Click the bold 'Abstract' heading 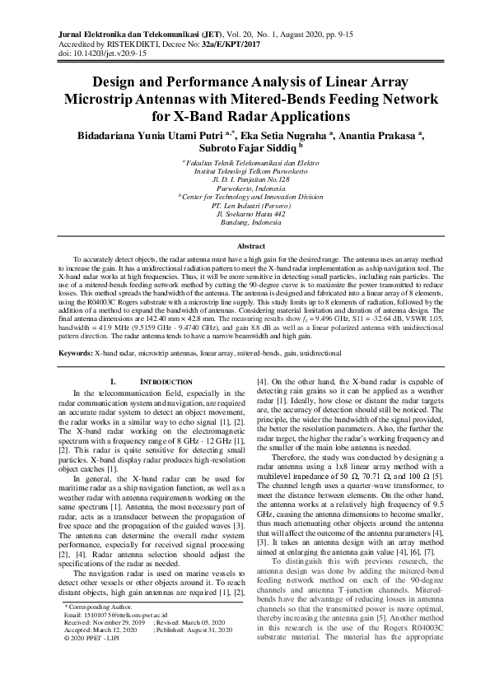click(245, 246)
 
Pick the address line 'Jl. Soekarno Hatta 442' click(245, 213)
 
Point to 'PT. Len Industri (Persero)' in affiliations click(245, 204)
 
